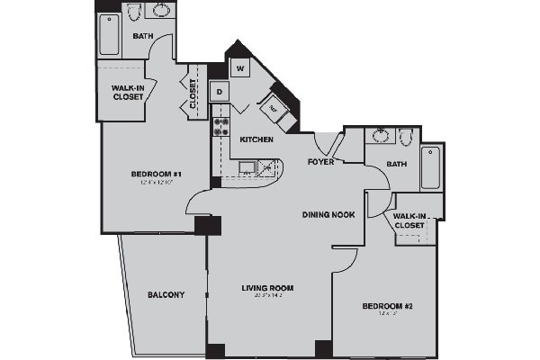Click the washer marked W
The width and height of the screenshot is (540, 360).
click(240, 68)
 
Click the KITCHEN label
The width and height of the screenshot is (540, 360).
click(256, 139)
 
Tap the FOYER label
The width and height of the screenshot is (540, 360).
click(321, 163)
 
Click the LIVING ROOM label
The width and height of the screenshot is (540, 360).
click(268, 288)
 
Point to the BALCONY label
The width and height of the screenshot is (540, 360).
click(167, 294)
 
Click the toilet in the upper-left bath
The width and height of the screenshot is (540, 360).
click(134, 13)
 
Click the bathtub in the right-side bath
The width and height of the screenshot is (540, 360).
click(431, 168)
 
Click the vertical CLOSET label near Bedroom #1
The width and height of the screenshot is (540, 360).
click(193, 91)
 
